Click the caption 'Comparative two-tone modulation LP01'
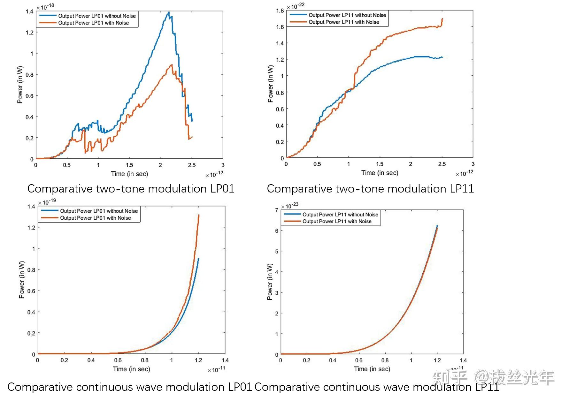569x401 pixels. pyautogui.click(x=131, y=189)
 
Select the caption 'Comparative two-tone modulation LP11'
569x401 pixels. pyautogui.click(x=370, y=189)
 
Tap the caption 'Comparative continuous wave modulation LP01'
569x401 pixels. pyautogui.click(x=130, y=387)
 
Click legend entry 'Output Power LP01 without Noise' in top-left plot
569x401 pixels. pyautogui.click(x=97, y=16)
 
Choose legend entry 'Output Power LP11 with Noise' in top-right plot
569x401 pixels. pyautogui.click(x=344, y=22)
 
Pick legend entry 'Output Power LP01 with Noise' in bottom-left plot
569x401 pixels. pyautogui.click(x=96, y=218)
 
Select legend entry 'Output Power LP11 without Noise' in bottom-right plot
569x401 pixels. pyautogui.click(x=340, y=215)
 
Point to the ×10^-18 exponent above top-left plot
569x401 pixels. pyautogui.click(x=45, y=7)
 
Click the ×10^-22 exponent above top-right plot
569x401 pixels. pyautogui.click(x=296, y=6)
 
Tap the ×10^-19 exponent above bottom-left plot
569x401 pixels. pyautogui.click(x=47, y=202)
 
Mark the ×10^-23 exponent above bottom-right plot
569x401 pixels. pyautogui.click(x=290, y=206)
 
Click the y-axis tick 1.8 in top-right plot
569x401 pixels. pyautogui.click(x=280, y=11)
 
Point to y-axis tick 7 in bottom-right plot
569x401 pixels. pyautogui.click(x=277, y=210)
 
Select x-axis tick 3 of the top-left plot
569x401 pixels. pyautogui.click(x=223, y=165)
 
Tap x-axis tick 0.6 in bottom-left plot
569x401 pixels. pyautogui.click(x=118, y=360)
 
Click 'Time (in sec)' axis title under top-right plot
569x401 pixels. pyautogui.click(x=380, y=173)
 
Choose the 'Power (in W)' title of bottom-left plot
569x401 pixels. pyautogui.click(x=22, y=280)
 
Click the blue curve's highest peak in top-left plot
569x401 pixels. pyautogui.click(x=169, y=12)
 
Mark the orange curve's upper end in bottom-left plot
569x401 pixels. pyautogui.click(x=199, y=215)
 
